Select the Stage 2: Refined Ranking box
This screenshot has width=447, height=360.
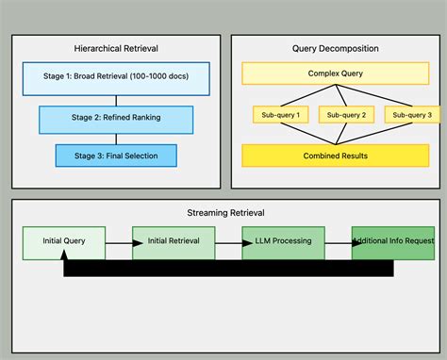[x=116, y=119]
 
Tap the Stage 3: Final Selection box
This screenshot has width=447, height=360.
[x=116, y=155]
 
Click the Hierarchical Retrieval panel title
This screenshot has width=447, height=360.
[x=116, y=48]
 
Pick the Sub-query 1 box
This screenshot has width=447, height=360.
[x=281, y=115]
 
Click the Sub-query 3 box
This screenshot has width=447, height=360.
[x=411, y=115]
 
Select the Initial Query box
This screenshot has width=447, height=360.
[x=63, y=241]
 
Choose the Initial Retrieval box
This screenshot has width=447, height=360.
[x=174, y=241]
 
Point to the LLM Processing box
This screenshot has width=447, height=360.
[x=283, y=241]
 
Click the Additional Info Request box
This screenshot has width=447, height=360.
[x=394, y=241]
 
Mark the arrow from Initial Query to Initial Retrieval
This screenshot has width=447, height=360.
[x=118, y=242]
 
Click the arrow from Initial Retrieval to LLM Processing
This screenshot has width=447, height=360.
[x=228, y=242]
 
